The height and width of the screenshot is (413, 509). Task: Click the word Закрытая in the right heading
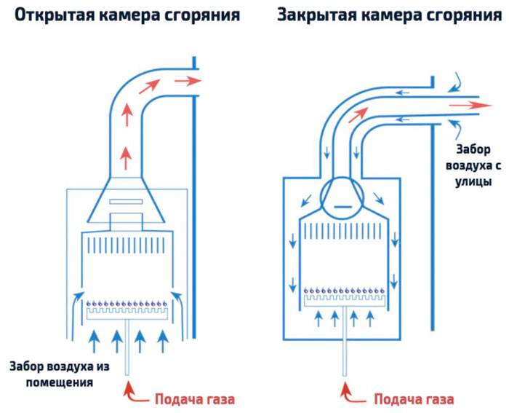318,16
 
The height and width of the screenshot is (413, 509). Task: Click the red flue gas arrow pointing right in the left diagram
188,81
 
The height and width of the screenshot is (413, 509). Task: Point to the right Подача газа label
414,399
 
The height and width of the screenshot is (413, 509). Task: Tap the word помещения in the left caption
60,382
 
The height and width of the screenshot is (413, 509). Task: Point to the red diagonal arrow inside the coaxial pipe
357,114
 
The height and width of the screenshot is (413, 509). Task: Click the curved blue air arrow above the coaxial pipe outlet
455,81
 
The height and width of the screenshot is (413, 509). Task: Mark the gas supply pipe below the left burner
128,350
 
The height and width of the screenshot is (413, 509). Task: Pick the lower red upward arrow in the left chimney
128,154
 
